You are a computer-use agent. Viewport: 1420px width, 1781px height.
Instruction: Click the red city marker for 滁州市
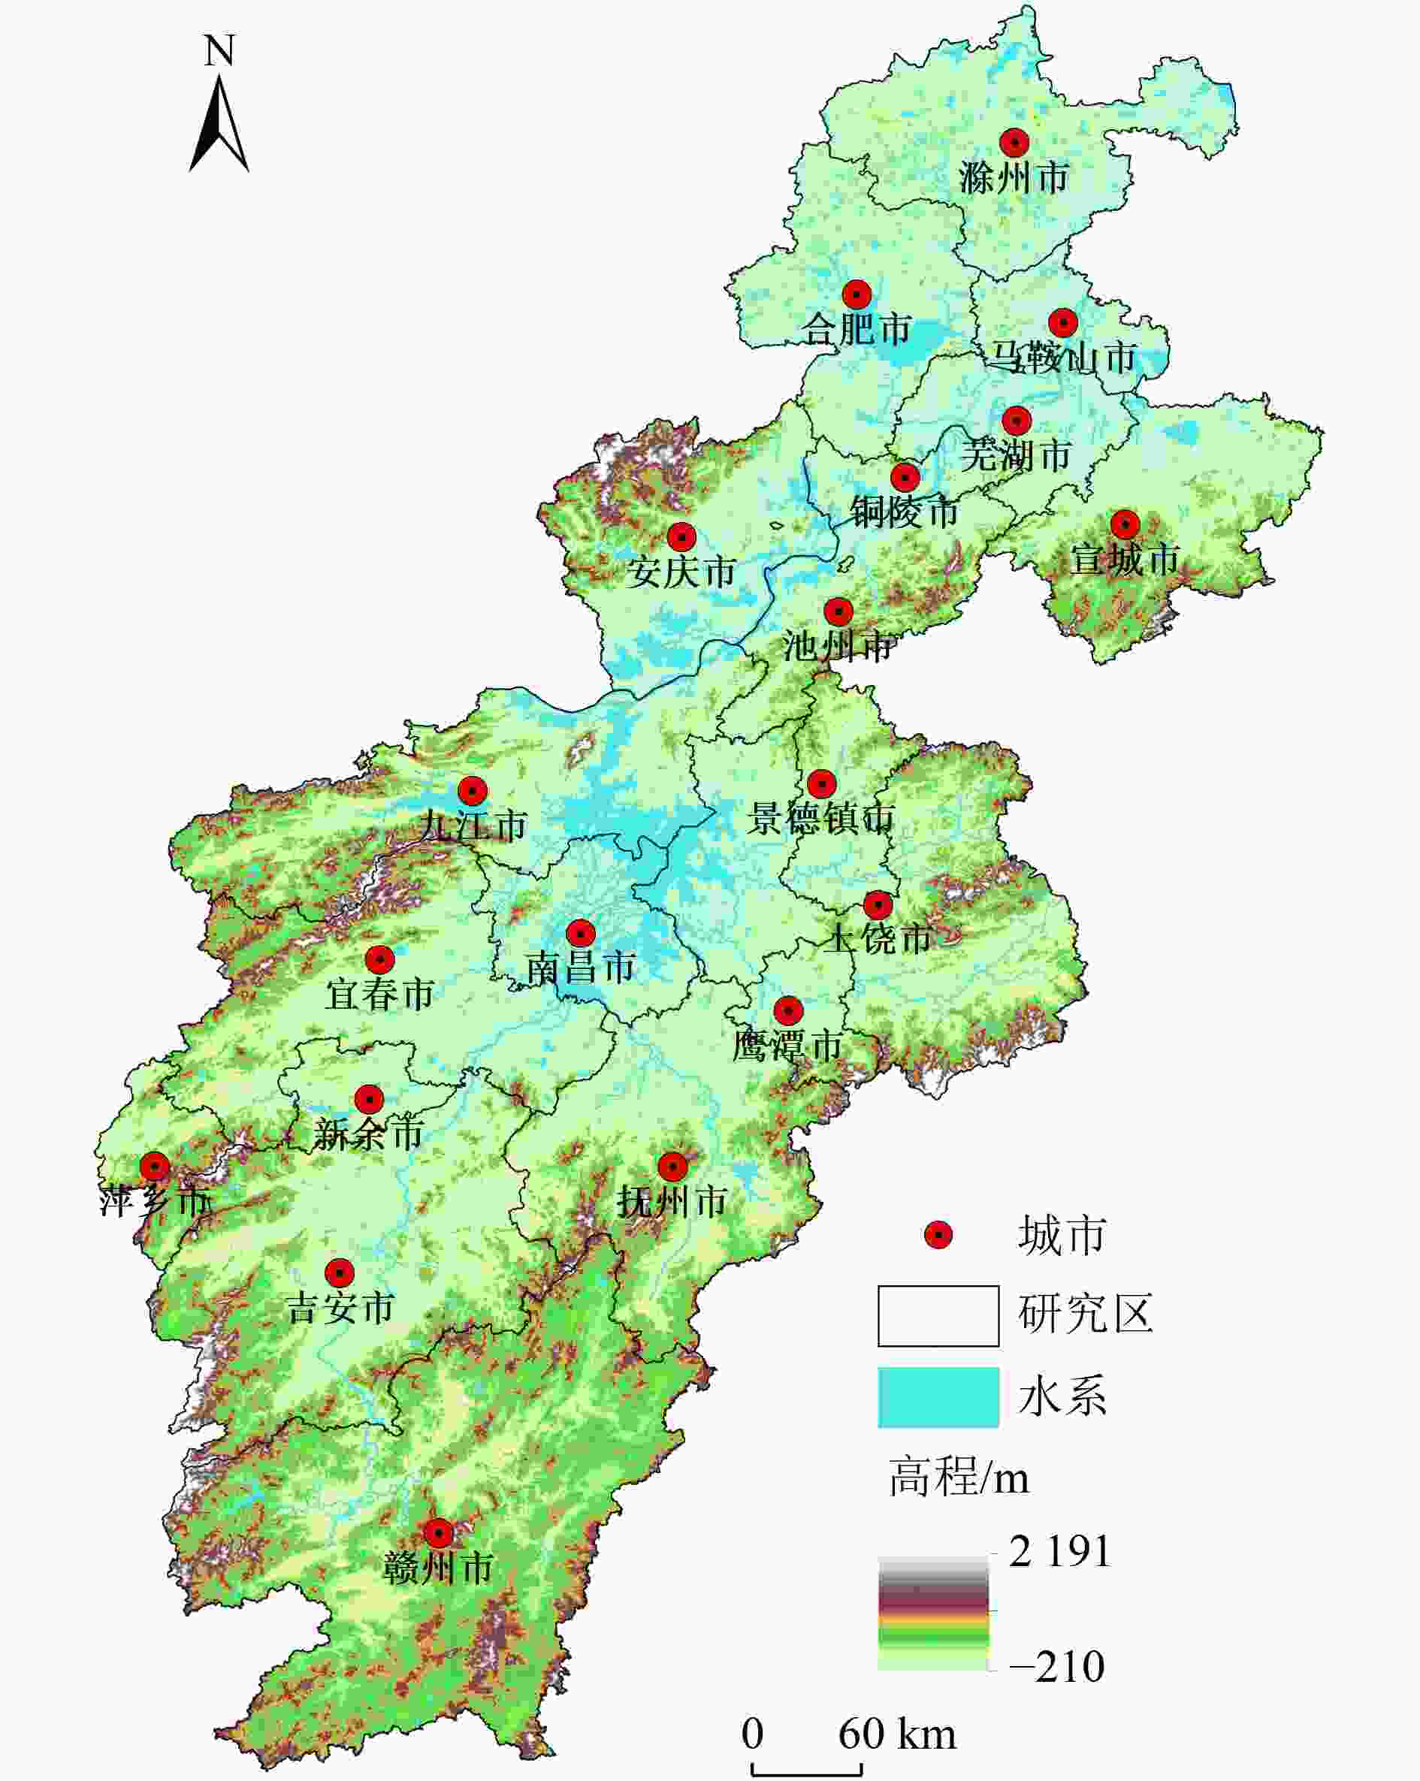click(1014, 143)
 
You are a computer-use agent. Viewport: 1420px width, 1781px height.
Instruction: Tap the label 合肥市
click(857, 330)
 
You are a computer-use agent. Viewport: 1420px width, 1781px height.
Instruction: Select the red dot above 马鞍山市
click(1063, 322)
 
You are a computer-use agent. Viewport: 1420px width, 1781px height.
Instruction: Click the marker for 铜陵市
click(905, 478)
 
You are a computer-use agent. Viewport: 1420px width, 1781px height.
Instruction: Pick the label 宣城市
click(1124, 560)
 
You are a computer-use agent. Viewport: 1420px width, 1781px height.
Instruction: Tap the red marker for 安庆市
click(681, 537)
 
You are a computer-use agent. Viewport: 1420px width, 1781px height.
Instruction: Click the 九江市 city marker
click(473, 790)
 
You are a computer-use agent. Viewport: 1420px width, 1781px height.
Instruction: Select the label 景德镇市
click(821, 819)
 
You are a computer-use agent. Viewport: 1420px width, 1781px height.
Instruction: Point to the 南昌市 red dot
click(581, 934)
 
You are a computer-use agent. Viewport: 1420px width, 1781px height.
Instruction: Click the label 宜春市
click(379, 994)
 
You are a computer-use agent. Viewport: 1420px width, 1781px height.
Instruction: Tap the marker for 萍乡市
click(155, 1167)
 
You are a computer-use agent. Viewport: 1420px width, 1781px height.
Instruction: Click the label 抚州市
click(672, 1201)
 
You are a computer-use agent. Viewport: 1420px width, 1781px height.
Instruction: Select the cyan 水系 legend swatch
click(938, 1397)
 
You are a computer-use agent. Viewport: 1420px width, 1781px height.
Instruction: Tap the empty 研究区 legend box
click(938, 1315)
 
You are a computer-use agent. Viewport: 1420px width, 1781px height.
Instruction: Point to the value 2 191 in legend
click(1060, 1551)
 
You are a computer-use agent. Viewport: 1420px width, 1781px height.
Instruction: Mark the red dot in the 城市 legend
click(938, 1235)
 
